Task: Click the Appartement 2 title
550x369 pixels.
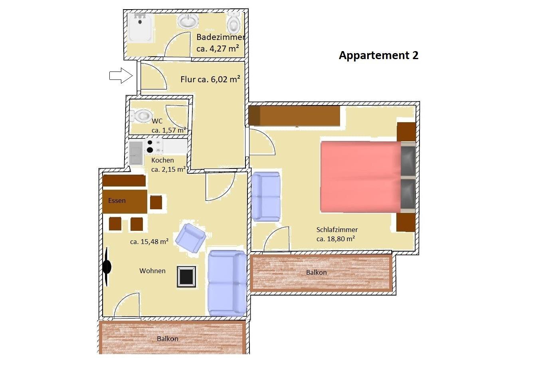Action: click(x=379, y=56)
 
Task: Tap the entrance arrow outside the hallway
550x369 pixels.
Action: click(x=121, y=75)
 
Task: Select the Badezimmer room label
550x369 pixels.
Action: click(x=220, y=37)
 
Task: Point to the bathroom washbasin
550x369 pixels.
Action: click(x=188, y=21)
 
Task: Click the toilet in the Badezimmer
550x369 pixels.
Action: click(x=234, y=22)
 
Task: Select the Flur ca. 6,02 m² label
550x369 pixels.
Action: click(x=210, y=79)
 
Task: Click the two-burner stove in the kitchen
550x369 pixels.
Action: click(x=154, y=147)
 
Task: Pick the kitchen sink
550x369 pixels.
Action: click(x=136, y=153)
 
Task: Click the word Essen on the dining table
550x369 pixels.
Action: click(x=117, y=201)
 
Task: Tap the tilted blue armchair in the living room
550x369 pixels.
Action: click(x=190, y=238)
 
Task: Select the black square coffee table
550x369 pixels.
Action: click(x=187, y=276)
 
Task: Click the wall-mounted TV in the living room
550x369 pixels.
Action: click(x=107, y=267)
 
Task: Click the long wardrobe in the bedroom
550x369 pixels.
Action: click(x=294, y=116)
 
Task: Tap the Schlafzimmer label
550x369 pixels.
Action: click(x=337, y=230)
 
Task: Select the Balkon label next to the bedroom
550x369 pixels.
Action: click(x=316, y=272)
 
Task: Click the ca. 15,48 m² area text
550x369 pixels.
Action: click(x=149, y=242)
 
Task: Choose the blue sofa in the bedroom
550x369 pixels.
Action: click(x=266, y=196)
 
